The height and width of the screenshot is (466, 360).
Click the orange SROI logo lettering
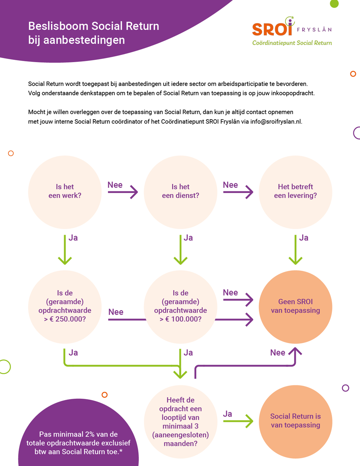272,29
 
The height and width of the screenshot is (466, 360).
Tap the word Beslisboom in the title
58,26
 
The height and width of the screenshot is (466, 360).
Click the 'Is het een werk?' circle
65,192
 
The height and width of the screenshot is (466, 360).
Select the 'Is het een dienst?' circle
180,192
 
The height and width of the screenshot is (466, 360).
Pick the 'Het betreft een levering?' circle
296,192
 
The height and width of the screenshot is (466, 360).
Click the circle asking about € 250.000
65,307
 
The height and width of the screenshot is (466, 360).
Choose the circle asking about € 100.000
180,307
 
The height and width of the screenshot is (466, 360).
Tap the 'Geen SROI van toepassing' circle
296,307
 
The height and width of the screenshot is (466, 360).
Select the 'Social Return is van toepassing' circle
296,421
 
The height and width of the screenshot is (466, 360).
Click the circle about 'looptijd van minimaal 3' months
180,421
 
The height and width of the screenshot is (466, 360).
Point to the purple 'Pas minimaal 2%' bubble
78,435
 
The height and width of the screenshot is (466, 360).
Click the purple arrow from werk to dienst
123,192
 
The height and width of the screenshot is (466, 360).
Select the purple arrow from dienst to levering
238,192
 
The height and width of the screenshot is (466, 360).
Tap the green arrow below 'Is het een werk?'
65,250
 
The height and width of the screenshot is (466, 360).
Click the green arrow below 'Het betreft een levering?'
296,250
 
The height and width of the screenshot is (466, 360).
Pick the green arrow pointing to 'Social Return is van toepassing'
238,421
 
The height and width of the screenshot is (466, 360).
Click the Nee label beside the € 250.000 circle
116,312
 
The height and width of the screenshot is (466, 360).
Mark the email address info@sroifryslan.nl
276,122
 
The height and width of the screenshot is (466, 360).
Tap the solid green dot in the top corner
334,4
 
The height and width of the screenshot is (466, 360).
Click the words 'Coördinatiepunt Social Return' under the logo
292,43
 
